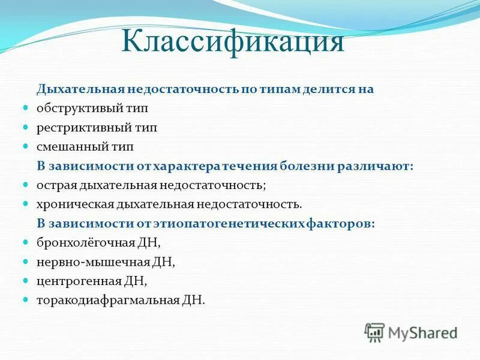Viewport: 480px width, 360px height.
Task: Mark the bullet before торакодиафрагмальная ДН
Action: pos(26,299)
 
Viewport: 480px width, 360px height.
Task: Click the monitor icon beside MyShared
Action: pos(374,332)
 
